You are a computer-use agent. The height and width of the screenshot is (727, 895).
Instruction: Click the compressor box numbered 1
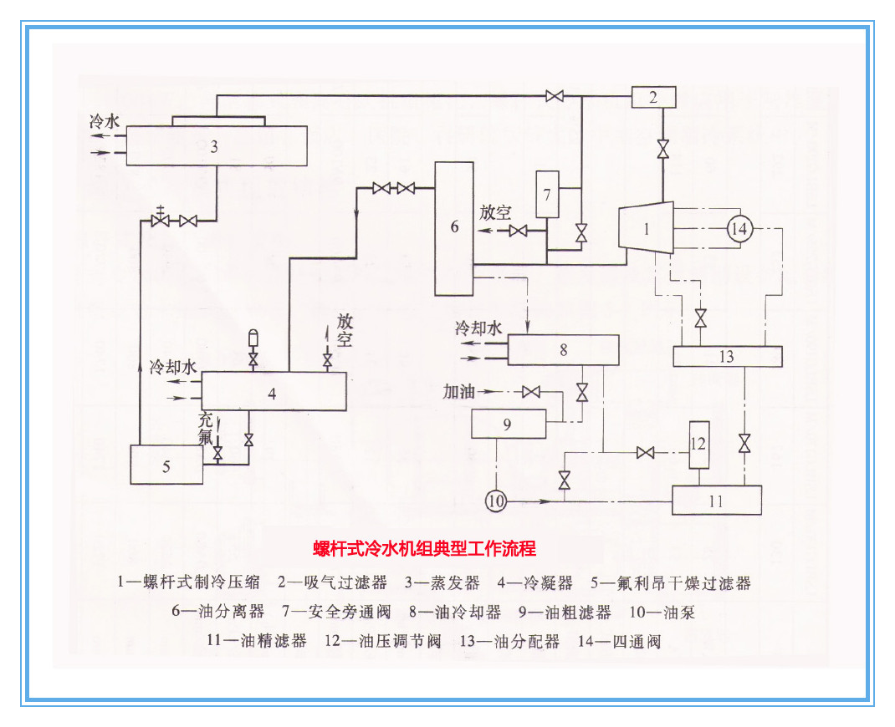(645, 226)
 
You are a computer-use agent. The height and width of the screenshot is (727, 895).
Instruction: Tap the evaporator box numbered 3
(215, 146)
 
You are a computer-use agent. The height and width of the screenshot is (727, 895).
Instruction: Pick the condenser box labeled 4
(274, 392)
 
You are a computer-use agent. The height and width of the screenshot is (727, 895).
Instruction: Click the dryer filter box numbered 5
(166, 465)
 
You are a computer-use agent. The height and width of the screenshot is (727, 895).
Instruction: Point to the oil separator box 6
(454, 228)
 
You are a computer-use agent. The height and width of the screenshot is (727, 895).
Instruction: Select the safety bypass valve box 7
(547, 195)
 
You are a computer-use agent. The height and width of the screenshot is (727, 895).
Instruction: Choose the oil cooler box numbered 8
(564, 349)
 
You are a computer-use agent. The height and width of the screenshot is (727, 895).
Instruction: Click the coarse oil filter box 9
(509, 425)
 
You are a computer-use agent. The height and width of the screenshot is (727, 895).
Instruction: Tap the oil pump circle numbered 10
(496, 501)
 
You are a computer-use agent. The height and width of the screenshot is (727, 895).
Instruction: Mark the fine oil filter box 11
(717, 501)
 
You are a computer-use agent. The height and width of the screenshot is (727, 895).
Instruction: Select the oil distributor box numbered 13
(728, 357)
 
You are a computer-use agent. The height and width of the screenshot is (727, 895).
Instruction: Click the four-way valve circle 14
(739, 227)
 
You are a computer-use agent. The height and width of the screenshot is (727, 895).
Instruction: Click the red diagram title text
(425, 549)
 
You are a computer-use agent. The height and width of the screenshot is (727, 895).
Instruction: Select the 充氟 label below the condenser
(207, 427)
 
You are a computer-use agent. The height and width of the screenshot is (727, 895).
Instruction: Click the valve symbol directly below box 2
(662, 150)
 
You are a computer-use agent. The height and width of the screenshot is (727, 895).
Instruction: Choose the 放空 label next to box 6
(494, 212)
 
